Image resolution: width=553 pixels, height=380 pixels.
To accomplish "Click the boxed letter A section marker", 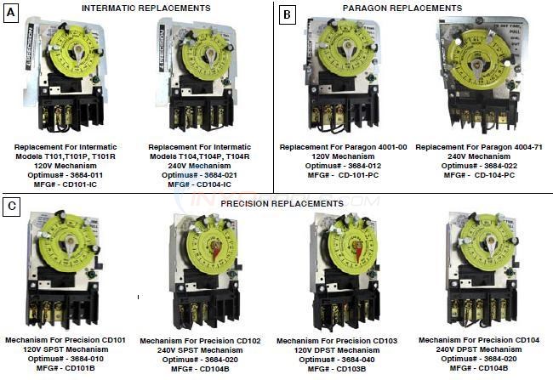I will (x=12, y=15).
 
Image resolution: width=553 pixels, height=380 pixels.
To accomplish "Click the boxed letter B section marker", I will (x=287, y=15).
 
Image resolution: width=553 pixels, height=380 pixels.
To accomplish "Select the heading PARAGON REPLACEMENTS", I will (x=414, y=8).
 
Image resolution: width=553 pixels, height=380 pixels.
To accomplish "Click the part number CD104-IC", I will (x=204, y=184).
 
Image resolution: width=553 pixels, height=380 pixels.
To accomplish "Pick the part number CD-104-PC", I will (x=485, y=174).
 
